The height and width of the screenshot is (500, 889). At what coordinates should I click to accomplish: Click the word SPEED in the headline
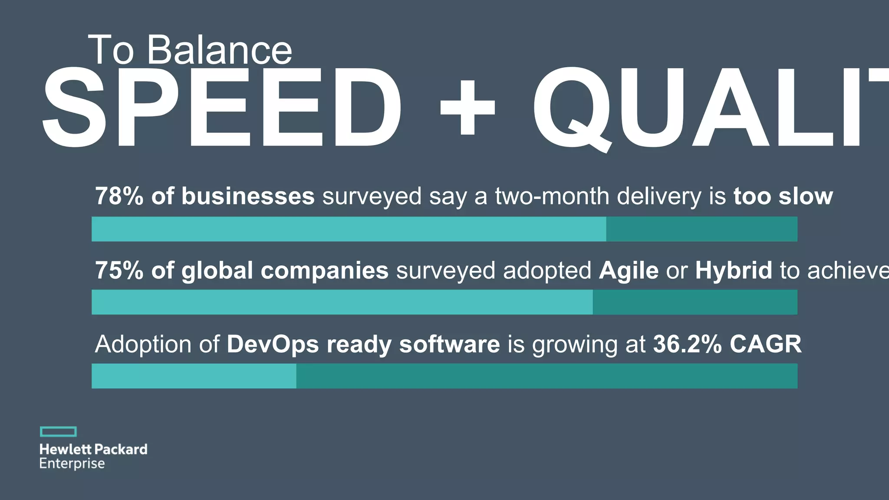point(221,107)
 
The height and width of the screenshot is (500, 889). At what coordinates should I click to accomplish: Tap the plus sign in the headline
point(468,107)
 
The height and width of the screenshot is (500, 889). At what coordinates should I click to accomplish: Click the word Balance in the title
point(219,50)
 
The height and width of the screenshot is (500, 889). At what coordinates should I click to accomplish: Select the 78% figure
point(119,196)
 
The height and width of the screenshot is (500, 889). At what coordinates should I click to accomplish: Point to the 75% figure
point(119,270)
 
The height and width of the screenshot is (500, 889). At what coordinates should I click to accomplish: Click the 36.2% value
point(687,344)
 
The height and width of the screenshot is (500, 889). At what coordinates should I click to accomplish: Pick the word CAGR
point(765,344)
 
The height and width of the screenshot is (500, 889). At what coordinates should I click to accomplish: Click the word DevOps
point(273,344)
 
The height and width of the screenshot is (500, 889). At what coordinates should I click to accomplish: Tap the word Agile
point(629,270)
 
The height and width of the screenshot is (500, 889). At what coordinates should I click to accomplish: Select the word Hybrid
point(734,270)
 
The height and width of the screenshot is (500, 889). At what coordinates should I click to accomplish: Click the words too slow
point(783,196)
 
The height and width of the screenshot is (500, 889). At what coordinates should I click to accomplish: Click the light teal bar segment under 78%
point(349,229)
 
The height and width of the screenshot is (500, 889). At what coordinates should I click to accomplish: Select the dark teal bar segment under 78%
point(701,229)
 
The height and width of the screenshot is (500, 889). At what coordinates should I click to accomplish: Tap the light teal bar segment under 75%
point(342,302)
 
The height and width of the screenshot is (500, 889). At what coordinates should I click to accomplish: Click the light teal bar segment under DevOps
point(194,376)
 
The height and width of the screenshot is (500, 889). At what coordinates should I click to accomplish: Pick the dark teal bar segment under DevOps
point(547,376)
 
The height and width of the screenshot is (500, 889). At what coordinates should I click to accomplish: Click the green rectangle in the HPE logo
point(58,431)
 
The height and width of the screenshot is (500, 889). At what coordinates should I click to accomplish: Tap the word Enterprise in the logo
point(72,464)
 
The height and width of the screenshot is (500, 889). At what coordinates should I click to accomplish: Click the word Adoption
point(143,344)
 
